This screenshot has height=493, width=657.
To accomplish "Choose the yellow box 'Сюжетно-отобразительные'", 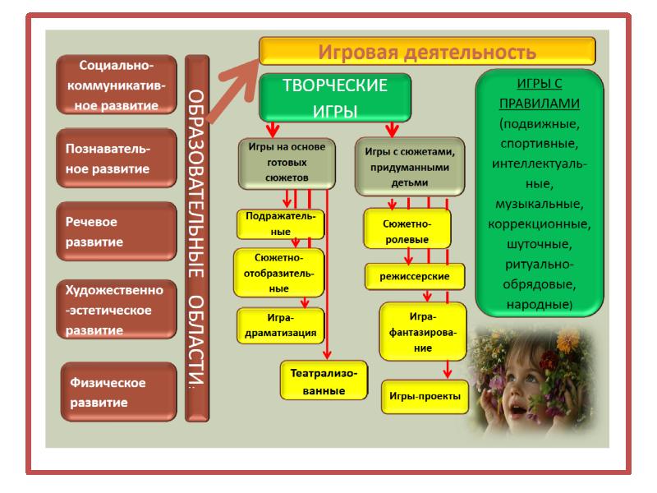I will click(280, 274).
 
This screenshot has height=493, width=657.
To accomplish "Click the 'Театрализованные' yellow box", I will click(323, 380).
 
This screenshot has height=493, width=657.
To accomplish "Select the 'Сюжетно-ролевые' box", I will click(408, 231).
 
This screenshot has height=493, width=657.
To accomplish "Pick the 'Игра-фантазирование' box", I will click(423, 330).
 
